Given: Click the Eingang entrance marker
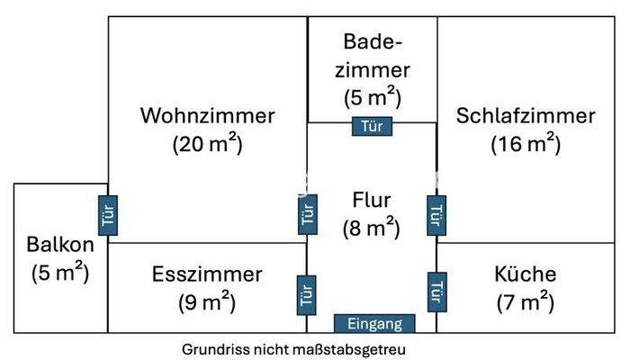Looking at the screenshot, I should tap(374, 323).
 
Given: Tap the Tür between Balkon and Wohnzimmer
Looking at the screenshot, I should tap(108, 215).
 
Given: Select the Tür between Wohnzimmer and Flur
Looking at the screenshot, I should tap(307, 214).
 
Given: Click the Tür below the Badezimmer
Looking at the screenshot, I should tap(371, 126).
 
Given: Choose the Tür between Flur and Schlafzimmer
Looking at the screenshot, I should tap(436, 215).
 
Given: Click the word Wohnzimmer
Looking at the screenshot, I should tap(207, 116).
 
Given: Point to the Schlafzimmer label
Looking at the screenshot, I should tap(526, 116).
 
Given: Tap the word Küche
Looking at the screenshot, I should tap(526, 274).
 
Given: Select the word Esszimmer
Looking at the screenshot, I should tap(207, 274).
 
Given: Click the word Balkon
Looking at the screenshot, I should tap(59, 244).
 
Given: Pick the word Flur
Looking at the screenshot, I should tap(371, 200).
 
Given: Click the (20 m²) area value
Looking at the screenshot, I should tap(207, 144).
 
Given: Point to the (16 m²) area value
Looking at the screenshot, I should tap(526, 144).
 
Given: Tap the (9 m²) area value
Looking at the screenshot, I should tap(207, 302).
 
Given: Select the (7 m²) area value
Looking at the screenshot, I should tap(526, 302).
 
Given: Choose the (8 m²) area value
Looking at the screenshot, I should tap(371, 229).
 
